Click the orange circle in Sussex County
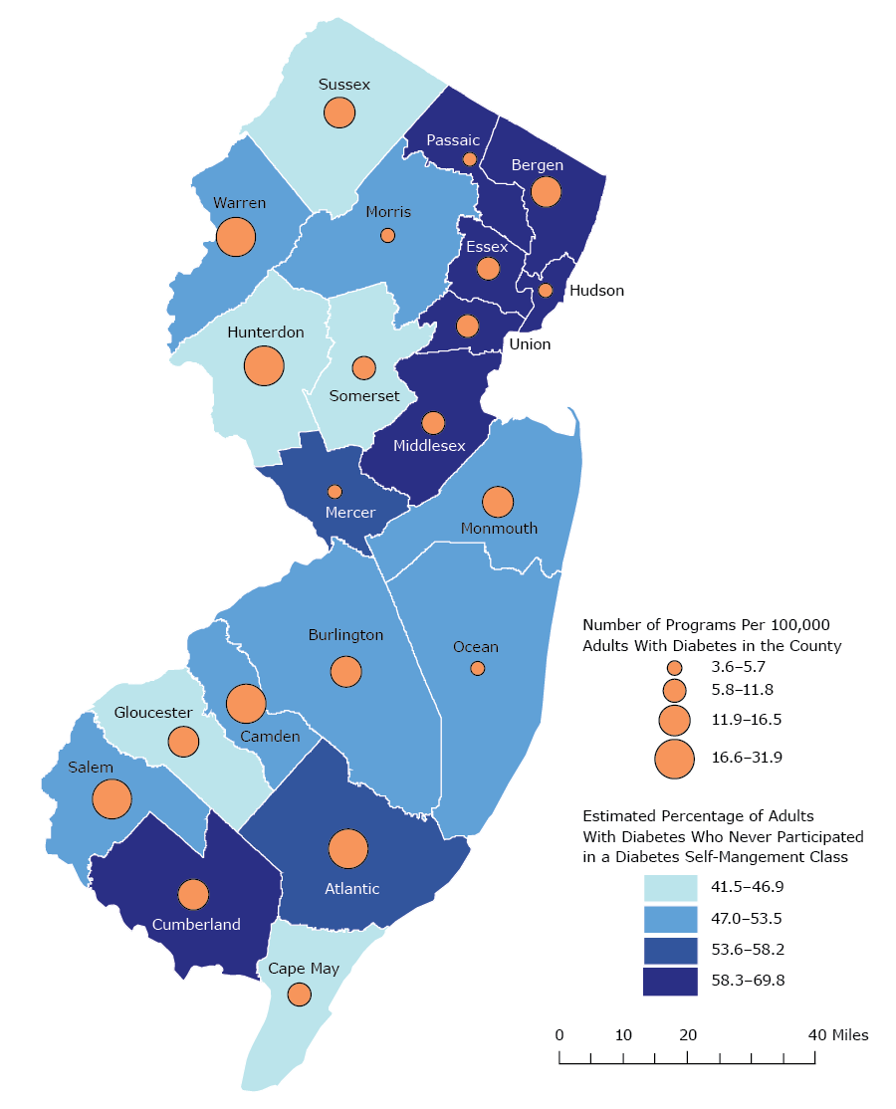338,112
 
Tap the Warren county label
239,203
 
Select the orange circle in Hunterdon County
264,366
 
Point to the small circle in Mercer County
335,492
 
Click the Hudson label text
595,291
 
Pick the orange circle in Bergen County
546,191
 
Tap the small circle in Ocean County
477,668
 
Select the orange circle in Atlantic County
348,849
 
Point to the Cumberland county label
196,924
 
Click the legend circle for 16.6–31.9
674,758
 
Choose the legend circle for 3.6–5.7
674,667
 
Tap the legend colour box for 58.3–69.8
675,981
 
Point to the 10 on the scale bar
623,1035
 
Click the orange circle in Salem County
112,798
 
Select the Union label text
530,344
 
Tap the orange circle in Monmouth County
498,503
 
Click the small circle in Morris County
387,235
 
